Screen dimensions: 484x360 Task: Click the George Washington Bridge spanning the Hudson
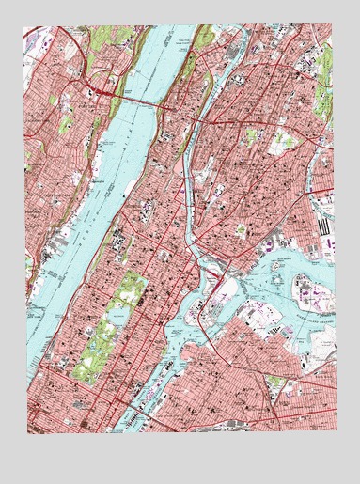tap(132, 99)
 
